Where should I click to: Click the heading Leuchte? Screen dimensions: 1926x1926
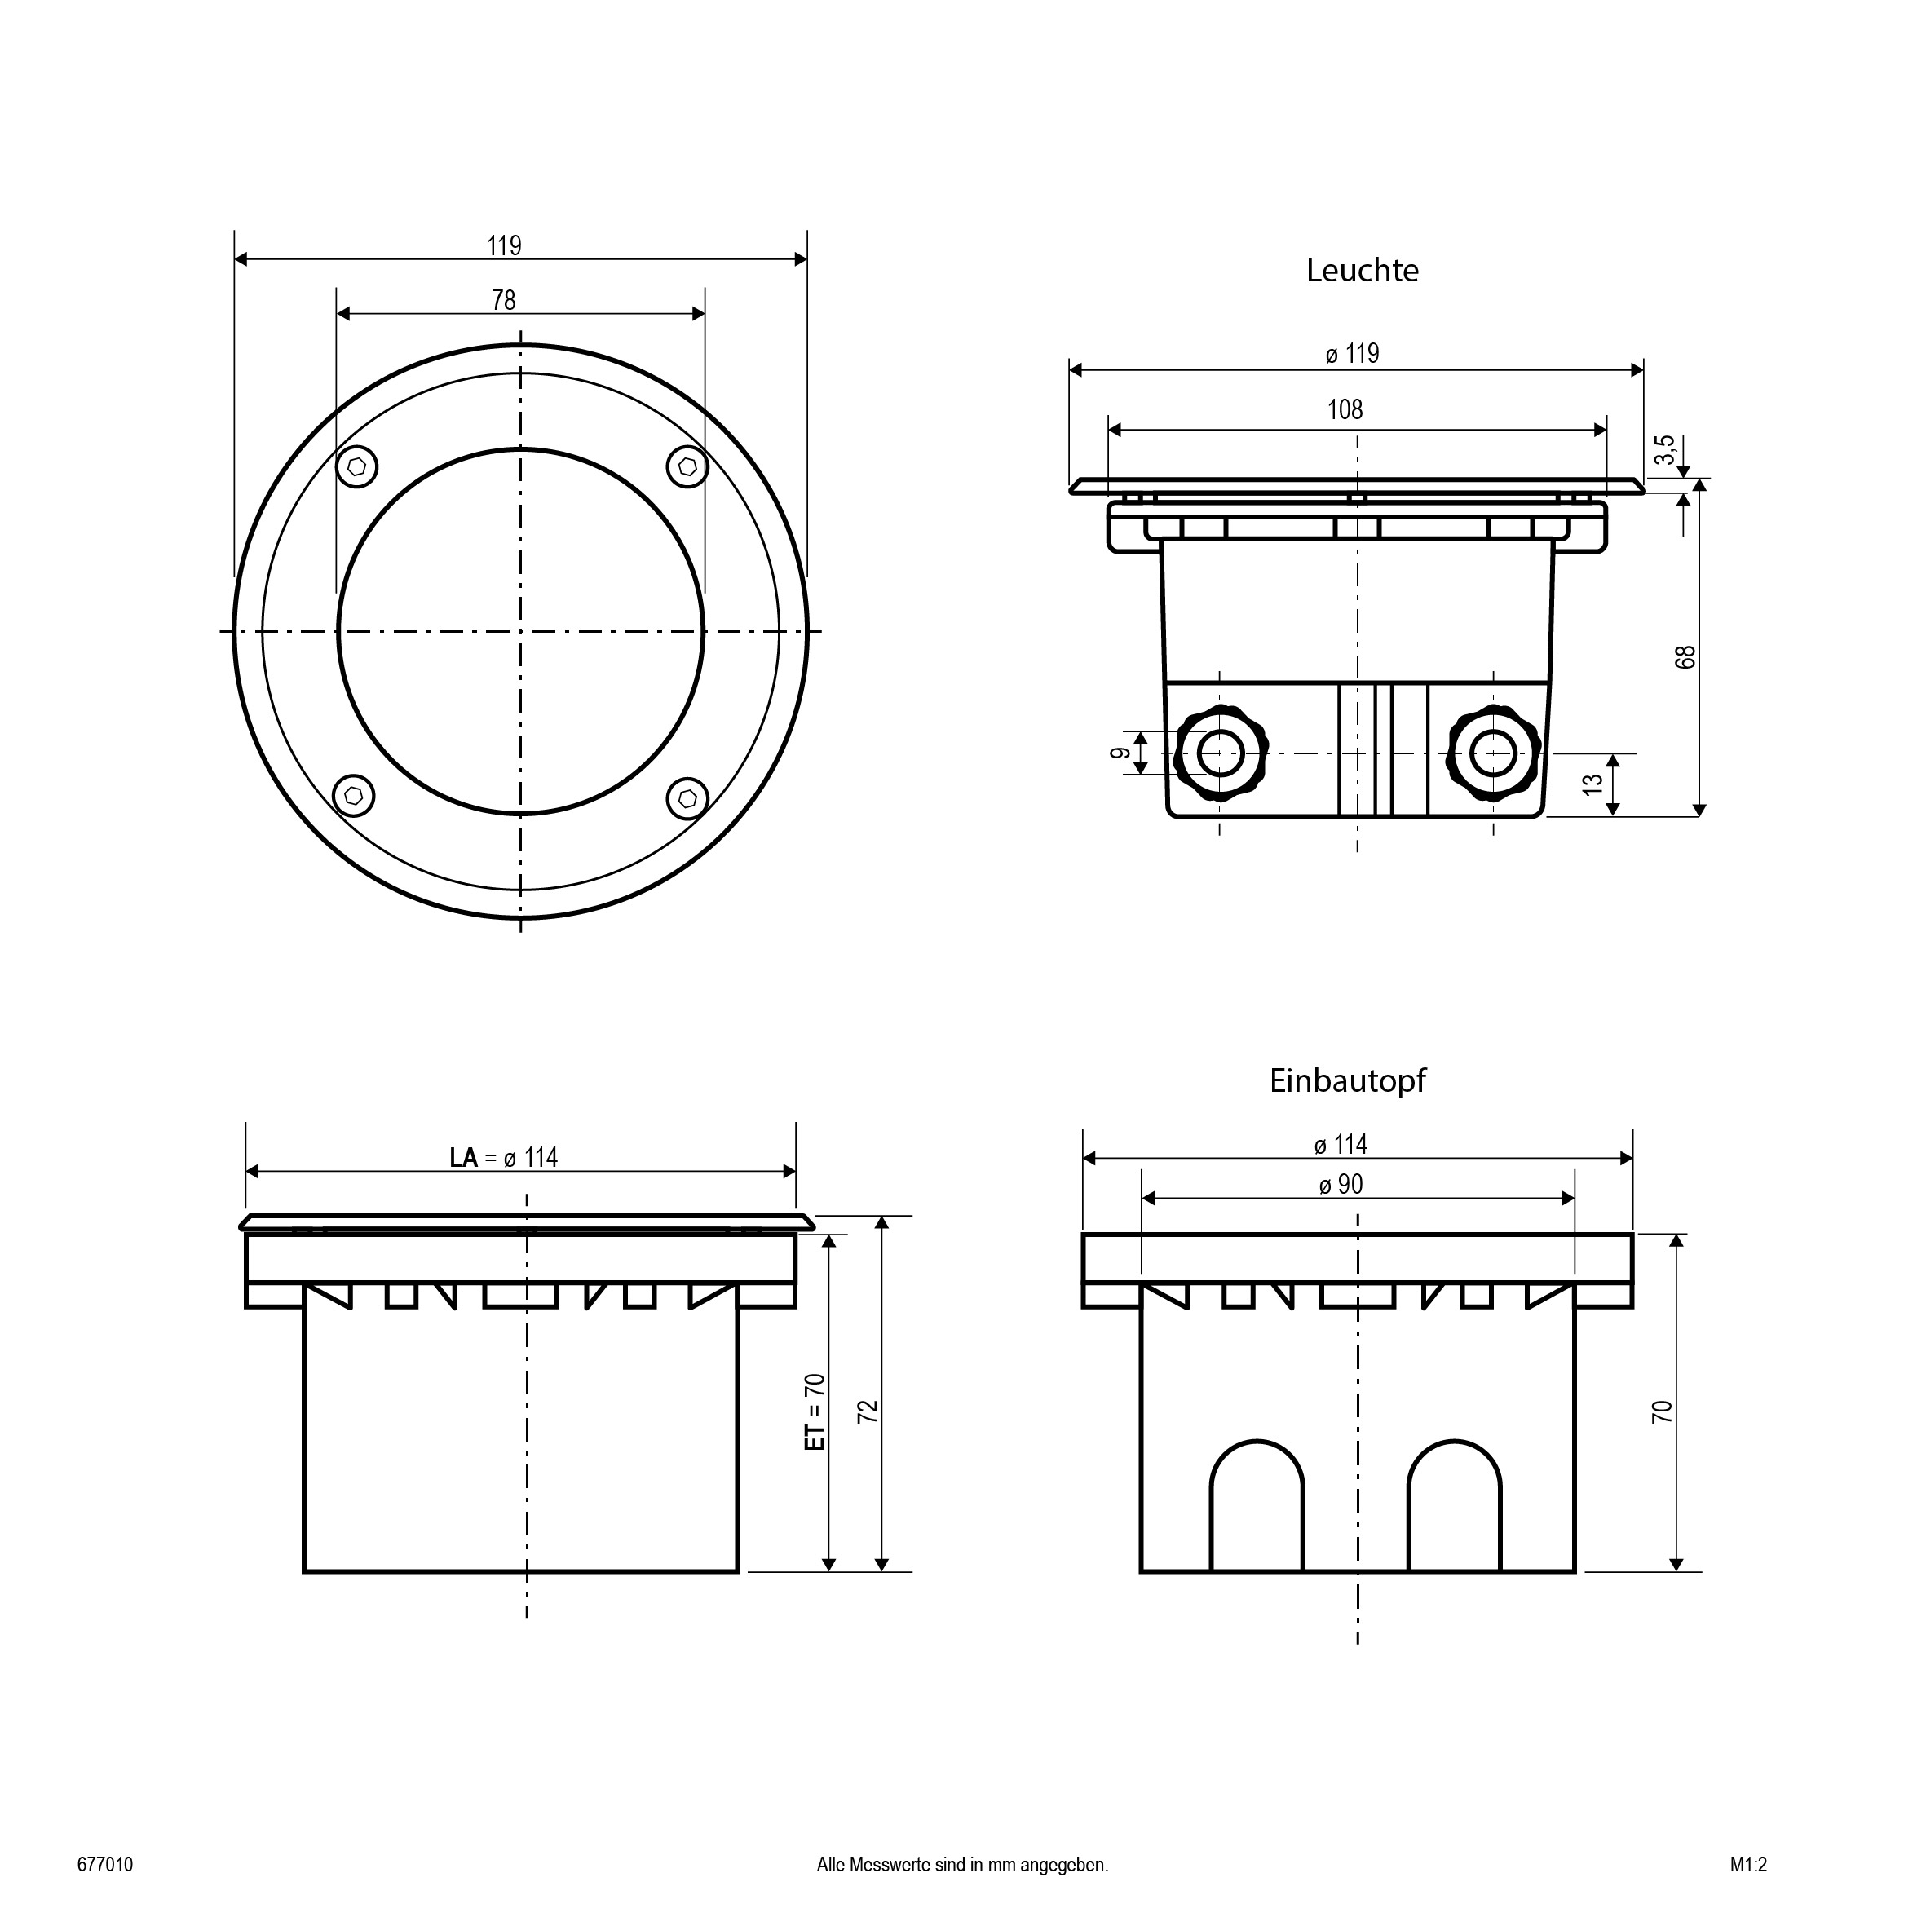tap(1362, 270)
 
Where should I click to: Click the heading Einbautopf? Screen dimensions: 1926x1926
tap(1347, 1080)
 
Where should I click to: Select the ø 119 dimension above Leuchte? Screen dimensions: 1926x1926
tap(1352, 354)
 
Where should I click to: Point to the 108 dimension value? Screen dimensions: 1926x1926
tap(1345, 409)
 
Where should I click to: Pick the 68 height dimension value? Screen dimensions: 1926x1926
tap(1685, 657)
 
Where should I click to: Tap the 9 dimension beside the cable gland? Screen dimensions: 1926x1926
tap(1120, 753)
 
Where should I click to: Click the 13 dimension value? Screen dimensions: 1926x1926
tap(1594, 784)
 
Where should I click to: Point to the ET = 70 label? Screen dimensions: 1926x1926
tap(815, 1411)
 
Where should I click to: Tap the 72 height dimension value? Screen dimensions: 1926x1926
tap(868, 1411)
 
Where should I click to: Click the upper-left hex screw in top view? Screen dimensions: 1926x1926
tap(357, 466)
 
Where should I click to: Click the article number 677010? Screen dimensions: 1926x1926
tap(104, 1865)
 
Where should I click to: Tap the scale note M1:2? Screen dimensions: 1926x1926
tap(1748, 1865)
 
